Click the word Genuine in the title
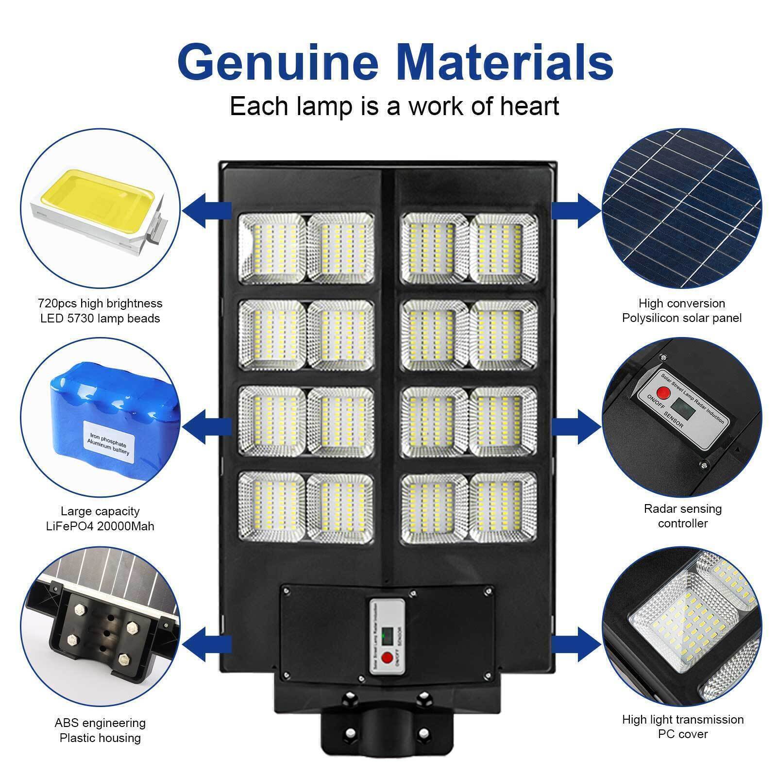(x=278, y=63)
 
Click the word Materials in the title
(x=505, y=63)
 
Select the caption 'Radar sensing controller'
(x=682, y=516)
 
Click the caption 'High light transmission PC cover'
(x=682, y=726)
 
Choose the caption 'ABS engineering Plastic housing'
(x=100, y=730)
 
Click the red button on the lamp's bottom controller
(x=387, y=658)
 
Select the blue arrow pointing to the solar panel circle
(x=576, y=210)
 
